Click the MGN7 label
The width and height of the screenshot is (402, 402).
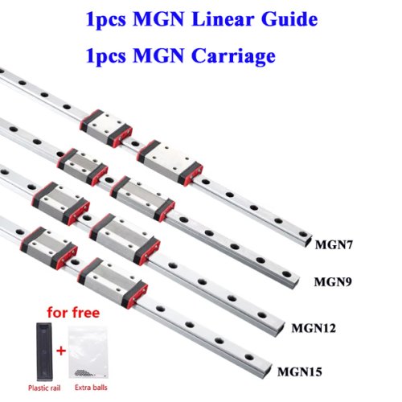tap(334, 244)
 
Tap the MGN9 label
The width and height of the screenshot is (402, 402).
tap(333, 282)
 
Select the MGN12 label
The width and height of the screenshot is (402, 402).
tap(314, 328)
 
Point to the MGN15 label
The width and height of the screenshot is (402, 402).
tap(300, 372)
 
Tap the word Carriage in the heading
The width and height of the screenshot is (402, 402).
tap(233, 55)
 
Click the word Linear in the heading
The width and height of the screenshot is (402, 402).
tap(223, 19)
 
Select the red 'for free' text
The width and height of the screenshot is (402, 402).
tap(73, 313)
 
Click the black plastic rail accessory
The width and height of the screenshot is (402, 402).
tap(44, 351)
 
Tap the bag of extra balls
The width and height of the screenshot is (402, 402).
tap(88, 352)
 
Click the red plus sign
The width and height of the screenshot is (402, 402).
tap(61, 351)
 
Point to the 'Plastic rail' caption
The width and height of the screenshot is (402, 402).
tap(44, 388)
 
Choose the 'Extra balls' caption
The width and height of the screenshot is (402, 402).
tap(91, 388)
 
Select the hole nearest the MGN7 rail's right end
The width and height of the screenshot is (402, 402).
tap(303, 234)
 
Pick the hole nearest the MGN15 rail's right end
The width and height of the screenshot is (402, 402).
tap(249, 357)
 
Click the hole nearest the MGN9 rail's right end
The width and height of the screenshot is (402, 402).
tap(286, 274)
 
